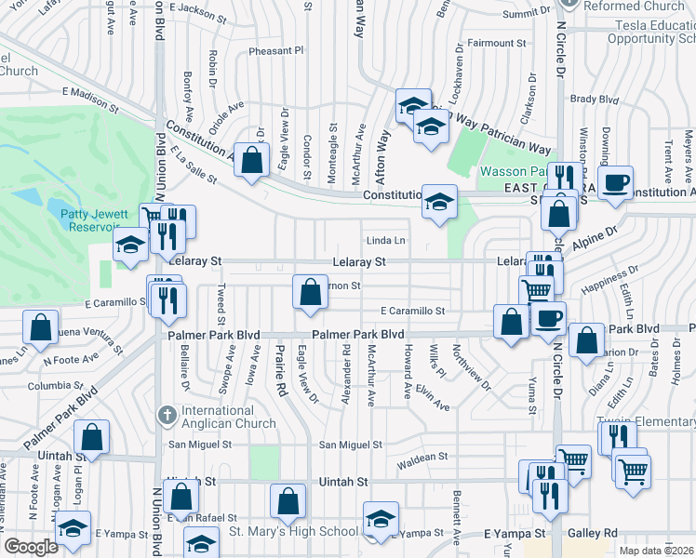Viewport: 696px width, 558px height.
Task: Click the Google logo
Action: [x=31, y=547]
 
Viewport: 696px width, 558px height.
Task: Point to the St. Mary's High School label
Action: [x=294, y=532]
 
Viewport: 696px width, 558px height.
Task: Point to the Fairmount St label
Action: [x=497, y=43]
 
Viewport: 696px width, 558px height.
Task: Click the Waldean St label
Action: [x=422, y=458]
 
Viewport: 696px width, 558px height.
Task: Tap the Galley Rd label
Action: [x=596, y=533]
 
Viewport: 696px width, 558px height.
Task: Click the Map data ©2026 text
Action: [x=657, y=551]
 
